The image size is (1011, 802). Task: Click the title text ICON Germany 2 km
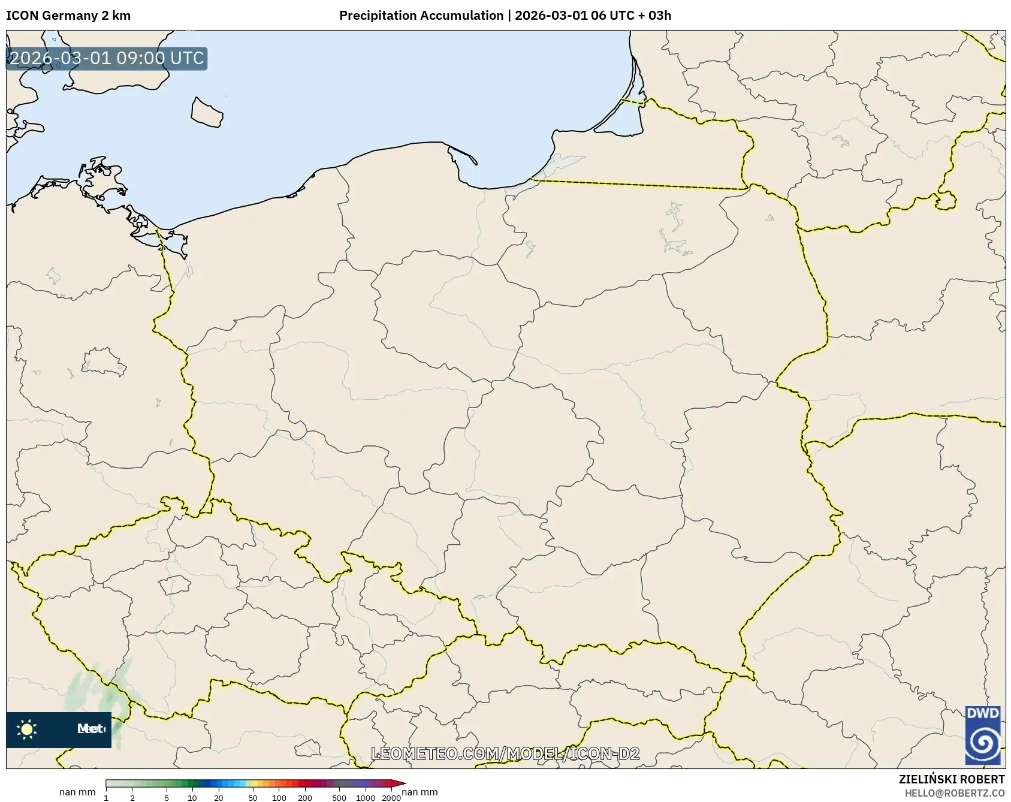pos(68,16)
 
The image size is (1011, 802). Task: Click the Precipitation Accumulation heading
pos(421,16)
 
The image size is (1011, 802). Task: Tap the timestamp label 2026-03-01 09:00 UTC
pos(107,58)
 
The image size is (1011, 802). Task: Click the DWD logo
pos(982,734)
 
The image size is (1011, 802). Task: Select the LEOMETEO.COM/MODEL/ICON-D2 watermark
pos(505,753)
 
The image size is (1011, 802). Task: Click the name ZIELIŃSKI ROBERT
pos(951,779)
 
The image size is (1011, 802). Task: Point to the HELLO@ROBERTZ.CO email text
pos(954,792)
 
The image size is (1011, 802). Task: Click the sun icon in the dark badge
pos(27,729)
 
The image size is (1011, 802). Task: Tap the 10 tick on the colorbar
pos(192,797)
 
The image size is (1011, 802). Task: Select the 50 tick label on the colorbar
pos(253,797)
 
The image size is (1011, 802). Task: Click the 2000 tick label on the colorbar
pos(391,797)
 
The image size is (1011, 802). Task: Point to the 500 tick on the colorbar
pos(339,797)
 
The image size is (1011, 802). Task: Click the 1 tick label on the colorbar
pos(106,797)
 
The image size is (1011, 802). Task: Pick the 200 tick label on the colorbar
pos(304,797)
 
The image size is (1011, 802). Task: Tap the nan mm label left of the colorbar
pos(77,792)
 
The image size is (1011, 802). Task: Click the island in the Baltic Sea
pos(207,112)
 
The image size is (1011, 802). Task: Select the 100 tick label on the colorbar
pos(279,797)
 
